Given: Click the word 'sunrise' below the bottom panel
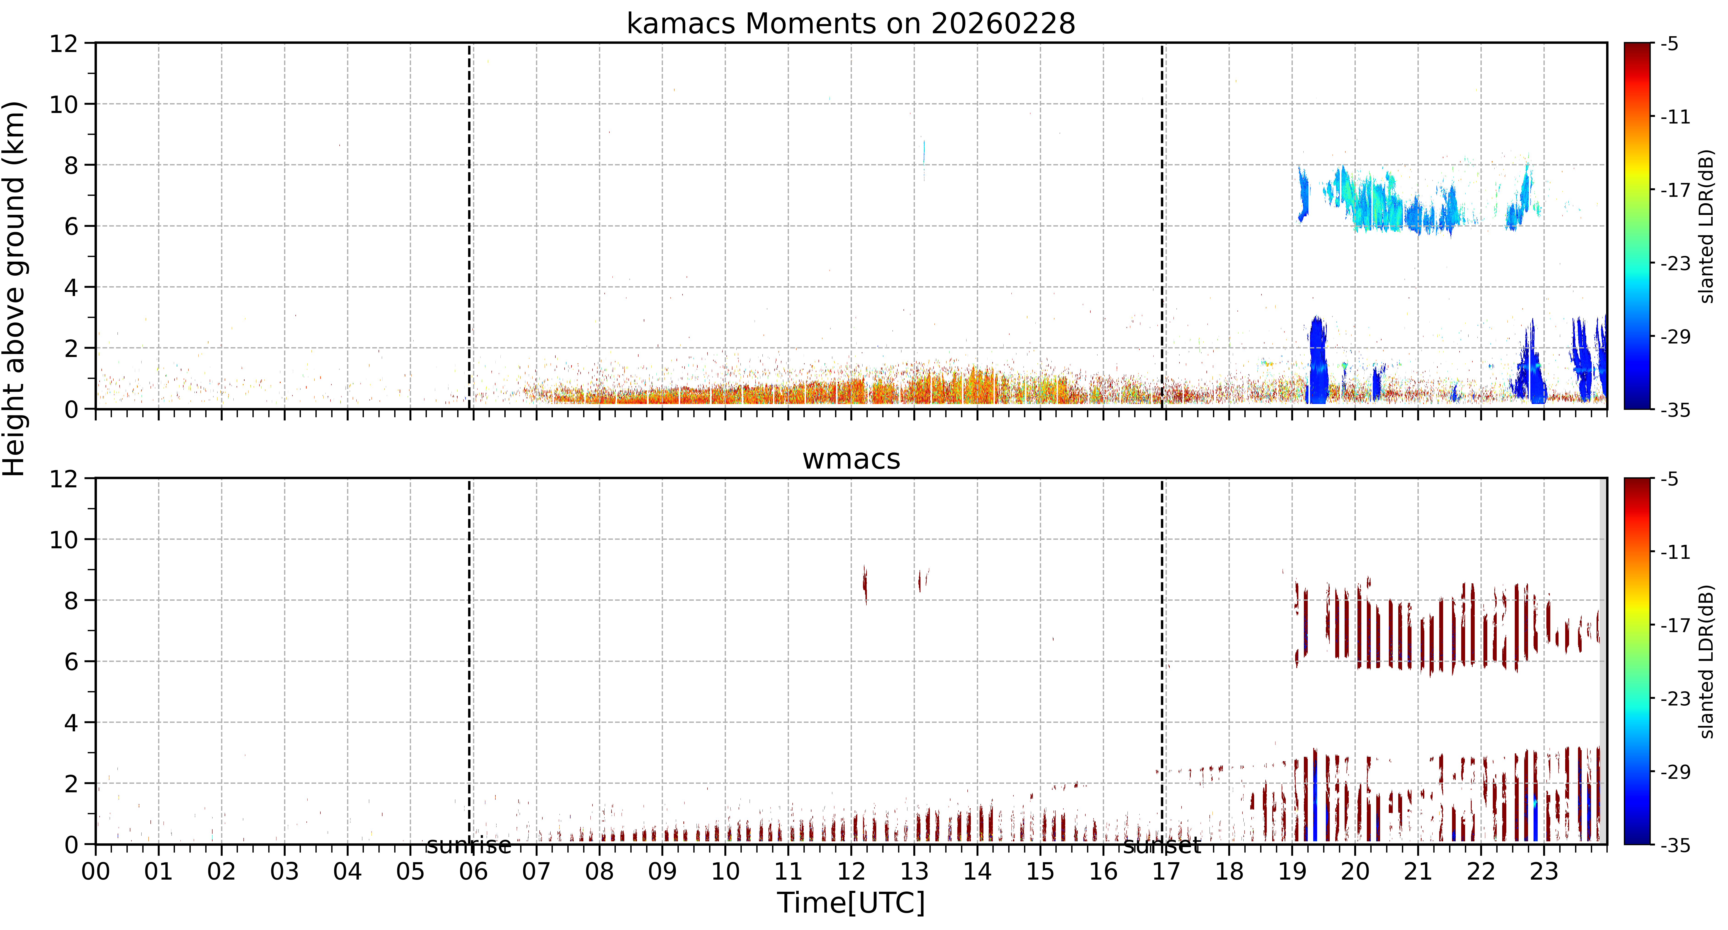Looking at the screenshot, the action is [469, 845].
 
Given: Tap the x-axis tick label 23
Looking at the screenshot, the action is [1544, 872].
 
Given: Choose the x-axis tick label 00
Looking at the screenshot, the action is [96, 872].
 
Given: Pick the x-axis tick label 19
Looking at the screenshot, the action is [1292, 872].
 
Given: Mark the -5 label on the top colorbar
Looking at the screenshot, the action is [1670, 44].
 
